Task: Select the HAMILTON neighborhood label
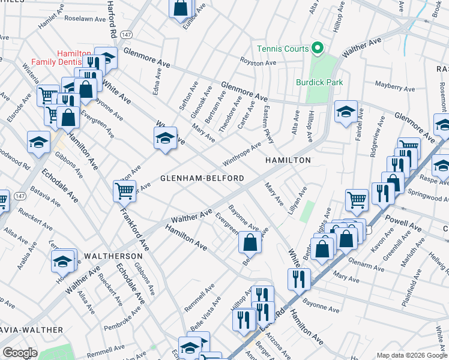pyautogui.click(x=289, y=160)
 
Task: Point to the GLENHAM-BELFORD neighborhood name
pyautogui.click(x=202, y=178)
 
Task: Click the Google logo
pyautogui.click(x=20, y=352)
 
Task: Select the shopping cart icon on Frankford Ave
pyautogui.click(x=124, y=191)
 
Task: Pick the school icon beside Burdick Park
pyautogui.click(x=346, y=112)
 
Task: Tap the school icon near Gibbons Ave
pyautogui.click(x=38, y=142)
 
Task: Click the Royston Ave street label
pyautogui.click(x=258, y=62)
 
